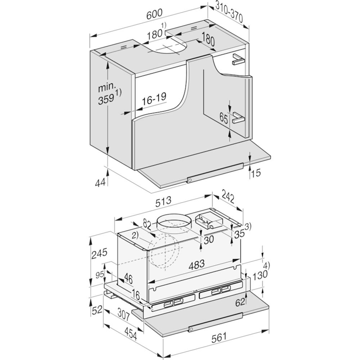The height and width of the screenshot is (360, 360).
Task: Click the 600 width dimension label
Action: point(154,14)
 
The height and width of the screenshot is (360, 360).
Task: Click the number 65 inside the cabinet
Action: point(224,118)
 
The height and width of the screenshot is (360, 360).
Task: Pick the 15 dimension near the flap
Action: point(256,172)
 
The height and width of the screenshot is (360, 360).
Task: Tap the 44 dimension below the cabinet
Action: point(100,183)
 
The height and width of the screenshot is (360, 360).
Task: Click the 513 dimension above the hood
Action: point(163,202)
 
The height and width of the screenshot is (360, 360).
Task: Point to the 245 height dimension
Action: point(99,253)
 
